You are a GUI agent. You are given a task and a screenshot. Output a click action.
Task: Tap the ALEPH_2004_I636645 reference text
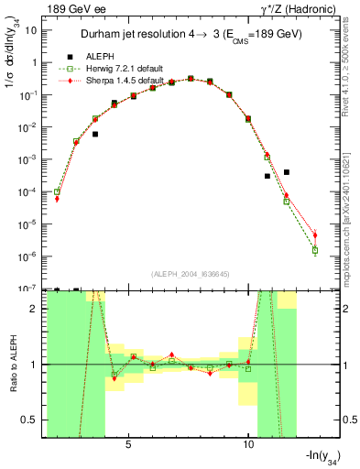tap(183, 272)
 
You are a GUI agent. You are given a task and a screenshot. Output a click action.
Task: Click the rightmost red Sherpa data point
tap(315, 234)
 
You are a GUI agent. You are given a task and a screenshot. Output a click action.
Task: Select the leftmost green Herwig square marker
tap(57, 192)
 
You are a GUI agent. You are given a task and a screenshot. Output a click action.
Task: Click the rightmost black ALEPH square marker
tap(287, 172)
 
